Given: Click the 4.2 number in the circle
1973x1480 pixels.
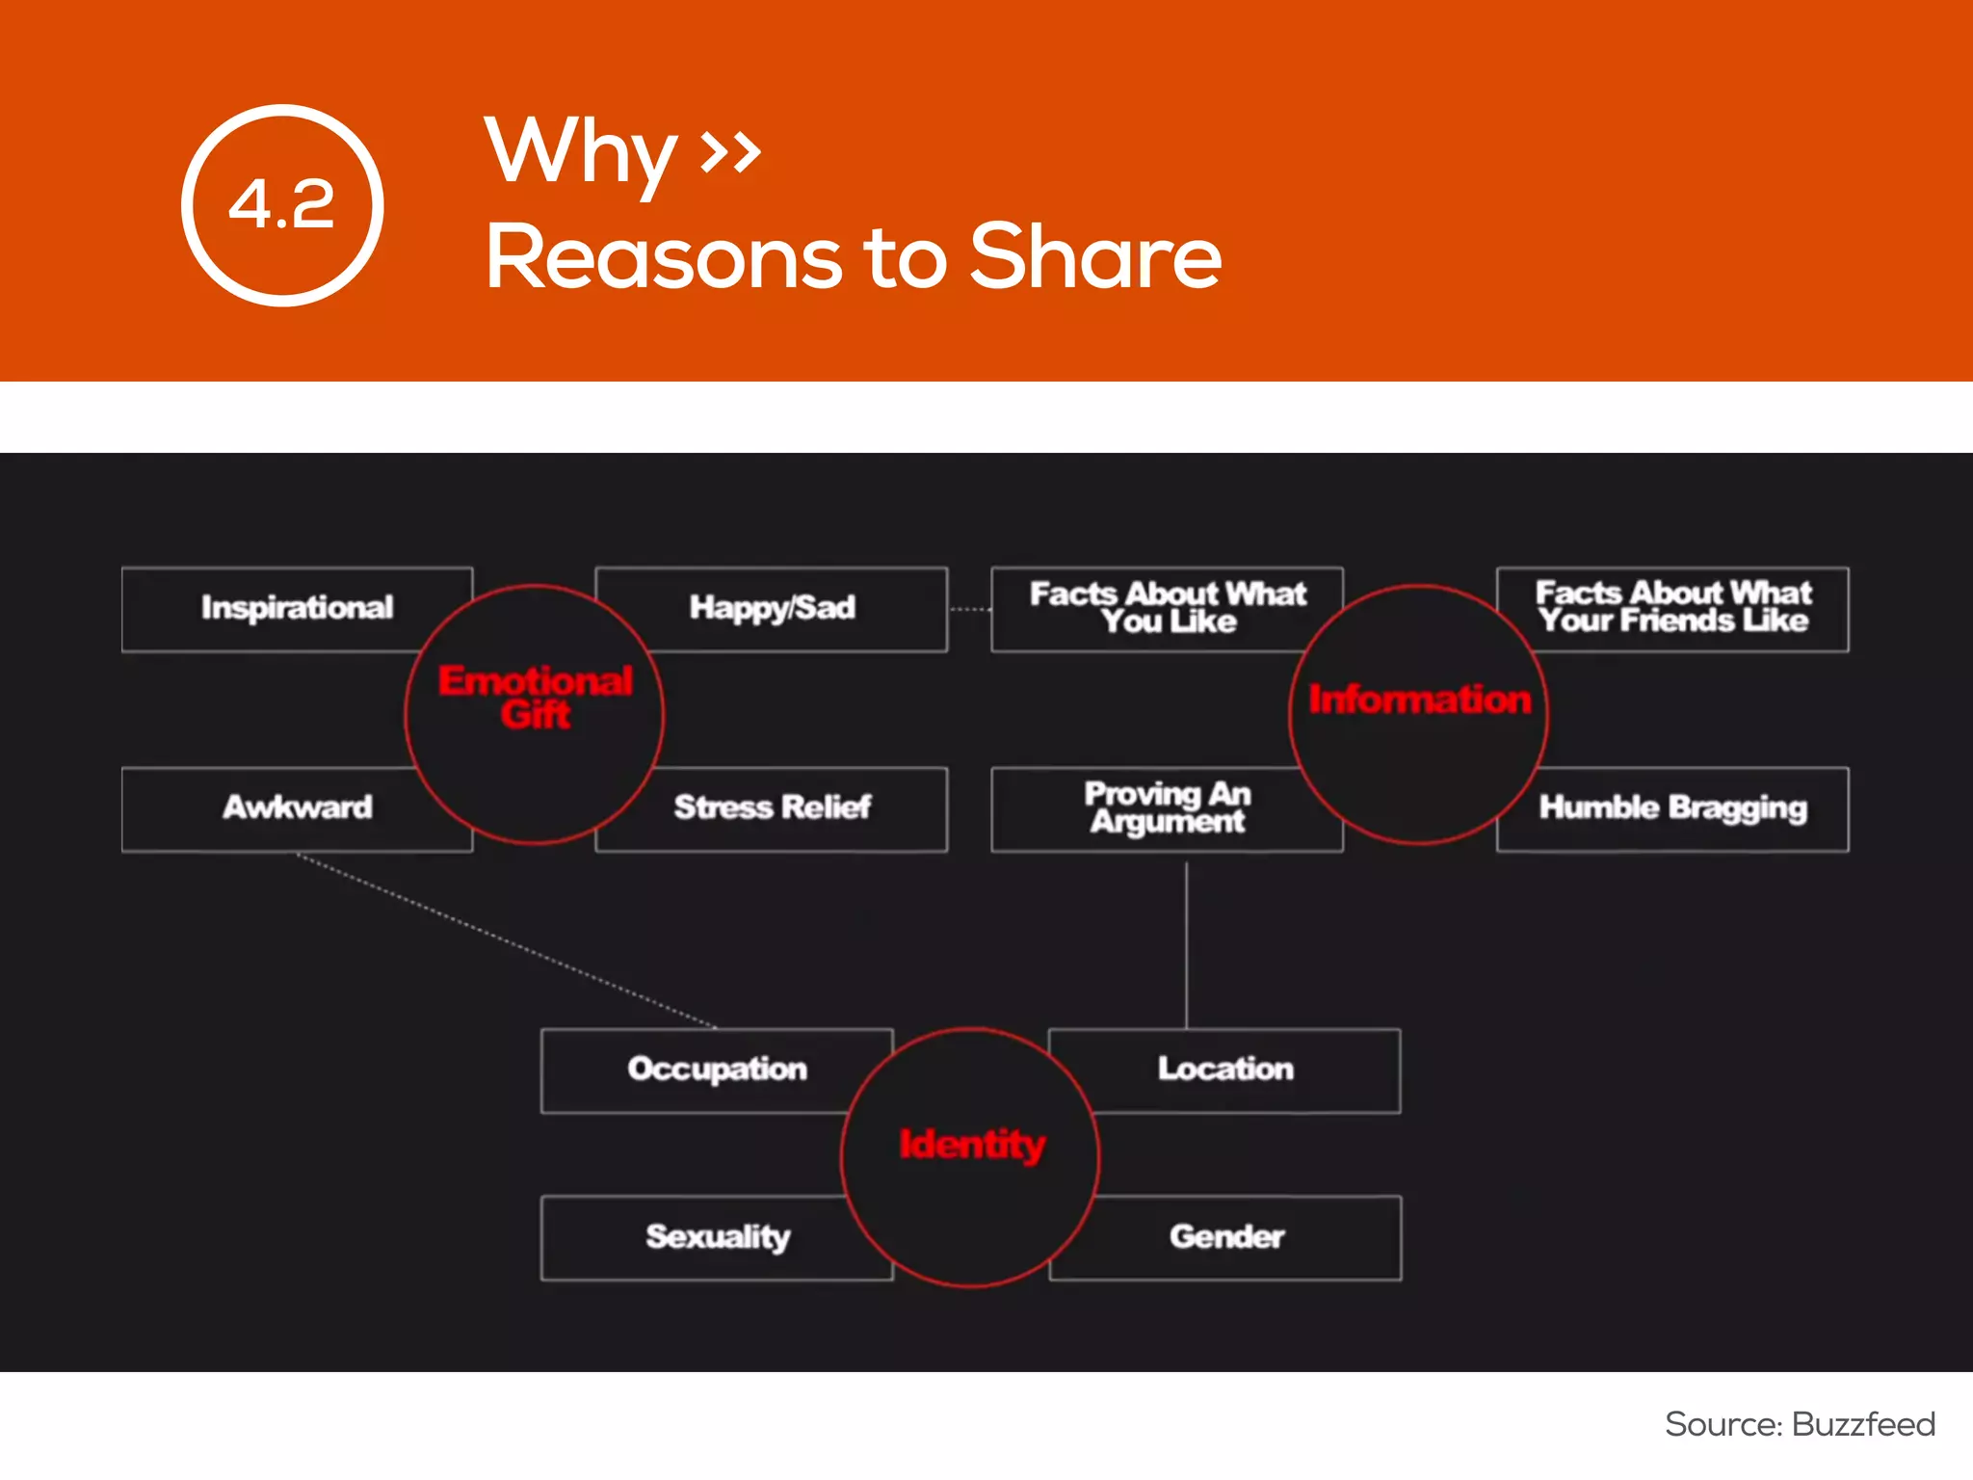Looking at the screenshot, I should pos(281,204).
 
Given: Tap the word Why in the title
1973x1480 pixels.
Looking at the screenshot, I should pos(581,152).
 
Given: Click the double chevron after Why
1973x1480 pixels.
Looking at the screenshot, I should pos(730,150).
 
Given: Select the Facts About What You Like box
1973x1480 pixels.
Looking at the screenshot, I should pos(1167,608).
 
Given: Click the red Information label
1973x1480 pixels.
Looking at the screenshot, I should pos(1419,700).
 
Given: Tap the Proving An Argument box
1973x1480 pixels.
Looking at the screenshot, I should pos(1167,807).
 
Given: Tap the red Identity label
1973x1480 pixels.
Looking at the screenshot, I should pos(971,1145).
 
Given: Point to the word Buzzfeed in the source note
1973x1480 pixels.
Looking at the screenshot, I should pos(1863,1424).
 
